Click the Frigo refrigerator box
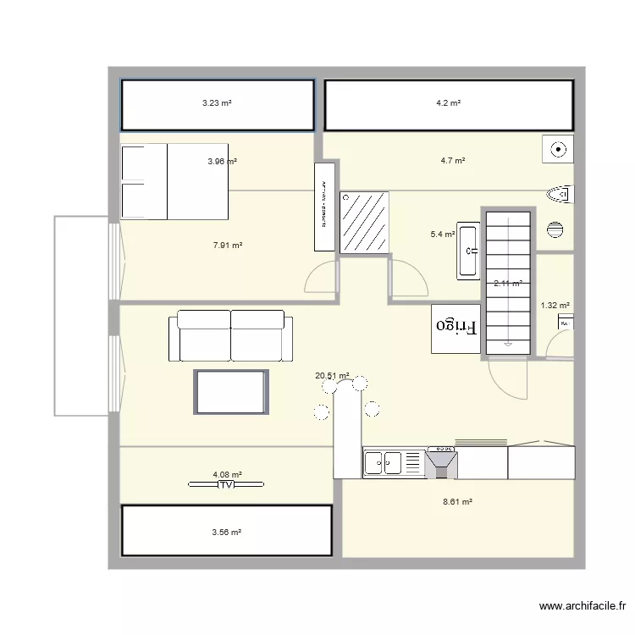(x=456, y=329)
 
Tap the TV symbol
(x=226, y=485)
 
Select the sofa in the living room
(x=230, y=335)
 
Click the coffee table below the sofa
(x=231, y=391)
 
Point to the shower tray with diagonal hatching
(x=366, y=221)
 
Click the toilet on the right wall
(x=560, y=196)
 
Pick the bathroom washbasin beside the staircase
(x=469, y=251)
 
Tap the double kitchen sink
(x=383, y=462)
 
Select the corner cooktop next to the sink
(x=442, y=462)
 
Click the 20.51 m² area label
(x=332, y=376)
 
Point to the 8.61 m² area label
(x=457, y=502)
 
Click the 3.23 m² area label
(x=217, y=103)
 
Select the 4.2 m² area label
(x=448, y=103)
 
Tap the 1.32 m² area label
(x=555, y=306)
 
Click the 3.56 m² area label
(x=227, y=533)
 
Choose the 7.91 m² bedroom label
(x=228, y=246)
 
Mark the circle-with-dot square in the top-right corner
(x=557, y=151)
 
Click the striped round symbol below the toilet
(x=555, y=229)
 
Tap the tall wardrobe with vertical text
(x=325, y=207)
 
